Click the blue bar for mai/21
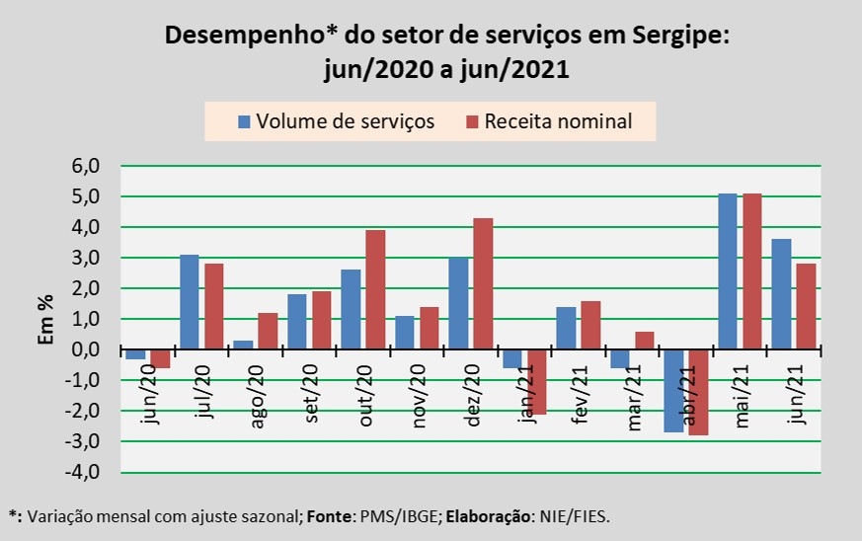(727, 271)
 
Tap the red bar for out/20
(375, 290)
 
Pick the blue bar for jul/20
(189, 302)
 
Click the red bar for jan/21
(537, 382)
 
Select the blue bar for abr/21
(673, 391)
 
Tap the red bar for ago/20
(268, 332)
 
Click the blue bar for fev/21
(566, 329)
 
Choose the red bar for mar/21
(645, 341)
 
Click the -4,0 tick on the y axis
(84, 472)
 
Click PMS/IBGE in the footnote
(359, 515)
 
